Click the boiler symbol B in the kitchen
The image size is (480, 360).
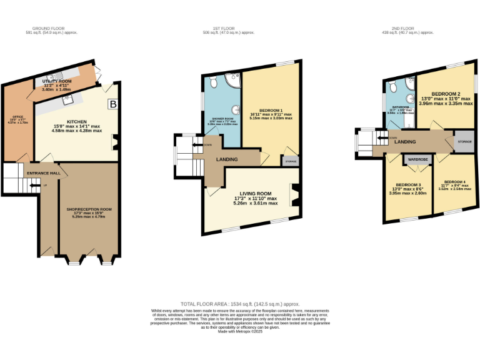[113, 104]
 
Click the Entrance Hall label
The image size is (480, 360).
[42, 172]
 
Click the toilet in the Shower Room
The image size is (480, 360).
[213, 82]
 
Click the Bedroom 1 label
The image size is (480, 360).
[271, 110]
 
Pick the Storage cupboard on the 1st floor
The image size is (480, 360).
[291, 161]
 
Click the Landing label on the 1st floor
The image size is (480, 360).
[226, 159]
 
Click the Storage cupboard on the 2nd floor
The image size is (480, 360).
[464, 142]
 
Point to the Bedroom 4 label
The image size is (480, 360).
[454, 181]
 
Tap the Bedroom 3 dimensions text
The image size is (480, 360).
[407, 193]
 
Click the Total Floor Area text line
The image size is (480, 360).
[240, 302]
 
